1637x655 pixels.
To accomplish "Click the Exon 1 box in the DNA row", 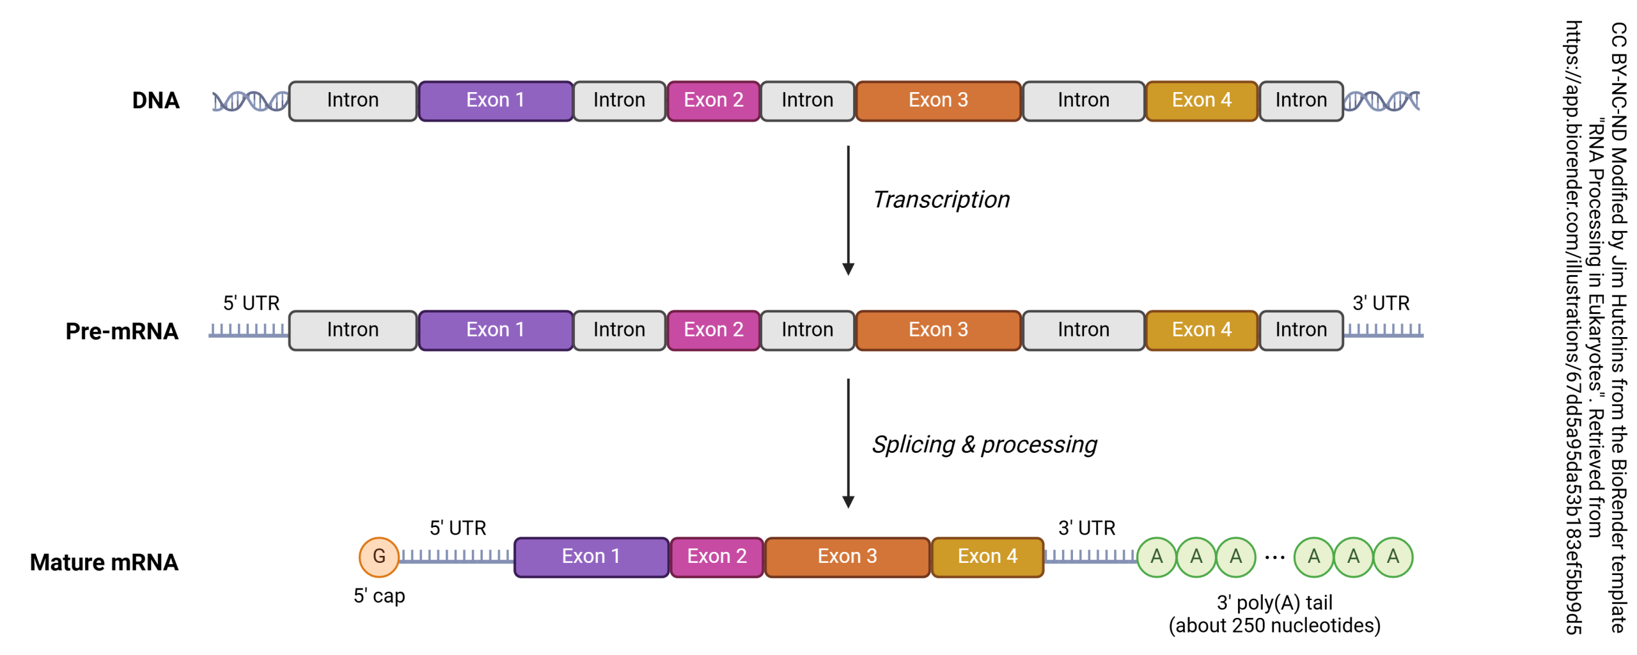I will [495, 100].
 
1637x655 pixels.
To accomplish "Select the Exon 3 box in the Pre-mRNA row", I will [937, 330].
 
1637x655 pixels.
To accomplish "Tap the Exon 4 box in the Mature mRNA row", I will [987, 556].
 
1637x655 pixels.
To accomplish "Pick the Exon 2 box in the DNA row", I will [713, 100].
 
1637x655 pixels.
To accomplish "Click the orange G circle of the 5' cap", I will [379, 556].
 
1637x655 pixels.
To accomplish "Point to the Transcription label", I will [941, 200].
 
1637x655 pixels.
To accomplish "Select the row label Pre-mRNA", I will [121, 331].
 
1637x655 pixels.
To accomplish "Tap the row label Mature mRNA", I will [104, 562].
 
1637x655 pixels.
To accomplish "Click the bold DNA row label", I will [155, 100].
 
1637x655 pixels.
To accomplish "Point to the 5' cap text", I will [379, 596].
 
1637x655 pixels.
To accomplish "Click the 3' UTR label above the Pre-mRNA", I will [1381, 303].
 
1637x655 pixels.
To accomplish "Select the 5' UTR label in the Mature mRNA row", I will [458, 528].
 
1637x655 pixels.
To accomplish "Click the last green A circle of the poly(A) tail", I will [1392, 556].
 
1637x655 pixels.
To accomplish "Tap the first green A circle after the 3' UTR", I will [1156, 556].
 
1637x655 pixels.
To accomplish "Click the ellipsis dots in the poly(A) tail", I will [1274, 558].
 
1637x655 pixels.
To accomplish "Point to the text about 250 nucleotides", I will [1274, 625].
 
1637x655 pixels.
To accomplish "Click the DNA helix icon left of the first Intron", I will [250, 101].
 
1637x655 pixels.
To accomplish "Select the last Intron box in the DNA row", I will [1301, 100].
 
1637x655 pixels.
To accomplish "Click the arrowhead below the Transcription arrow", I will [848, 269].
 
